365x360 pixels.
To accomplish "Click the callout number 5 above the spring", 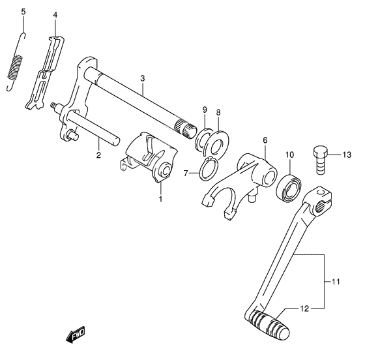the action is point(23,12).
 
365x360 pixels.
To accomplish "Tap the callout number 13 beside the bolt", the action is point(347,155).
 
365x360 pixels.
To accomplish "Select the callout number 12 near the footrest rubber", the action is point(304,308).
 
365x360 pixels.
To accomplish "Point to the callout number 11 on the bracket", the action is point(336,282).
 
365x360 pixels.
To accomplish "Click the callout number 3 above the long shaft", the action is point(143,78).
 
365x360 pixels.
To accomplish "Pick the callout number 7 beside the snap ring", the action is point(186,173).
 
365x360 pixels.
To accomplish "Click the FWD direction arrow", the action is point(76,335).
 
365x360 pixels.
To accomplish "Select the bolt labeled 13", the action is point(320,160).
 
